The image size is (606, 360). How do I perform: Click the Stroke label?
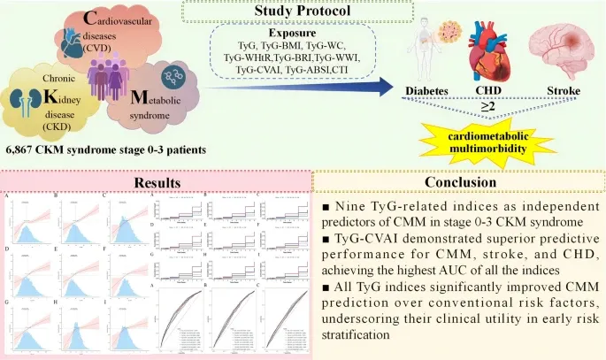pos(564,92)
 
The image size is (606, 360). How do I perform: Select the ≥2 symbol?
pos(487,107)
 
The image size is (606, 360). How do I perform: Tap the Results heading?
pos(157,183)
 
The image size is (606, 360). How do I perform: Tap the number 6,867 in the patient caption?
pos(24,151)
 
